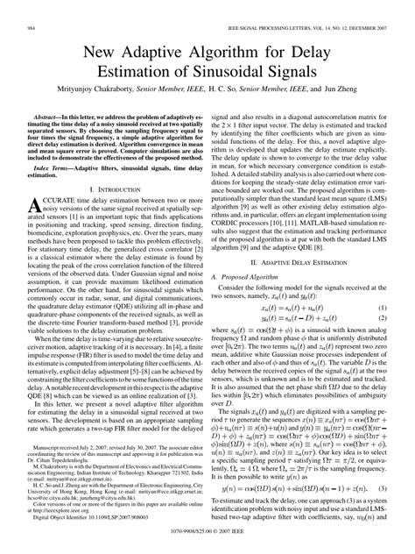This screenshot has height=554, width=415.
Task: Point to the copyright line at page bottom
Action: (207, 543)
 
